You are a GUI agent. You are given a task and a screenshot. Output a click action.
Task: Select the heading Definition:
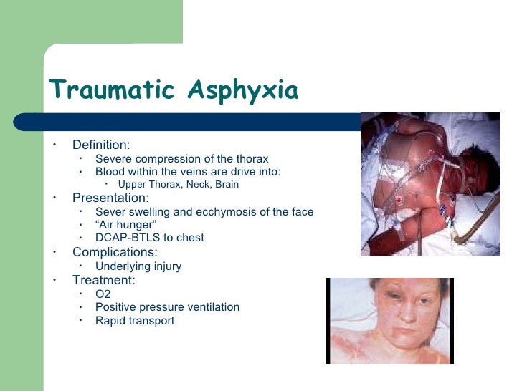click(x=101, y=145)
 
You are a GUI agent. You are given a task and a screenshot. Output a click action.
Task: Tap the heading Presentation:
click(x=110, y=198)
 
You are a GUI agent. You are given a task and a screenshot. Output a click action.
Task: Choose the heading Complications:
click(x=115, y=252)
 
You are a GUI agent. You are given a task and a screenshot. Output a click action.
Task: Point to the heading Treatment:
click(x=103, y=281)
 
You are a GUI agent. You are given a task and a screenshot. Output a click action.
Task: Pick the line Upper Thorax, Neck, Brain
click(x=179, y=184)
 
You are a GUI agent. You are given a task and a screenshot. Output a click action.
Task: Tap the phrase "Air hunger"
click(x=125, y=225)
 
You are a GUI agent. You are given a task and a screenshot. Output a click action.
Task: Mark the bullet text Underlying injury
click(x=138, y=266)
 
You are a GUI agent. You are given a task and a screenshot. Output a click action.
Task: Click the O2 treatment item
click(x=103, y=294)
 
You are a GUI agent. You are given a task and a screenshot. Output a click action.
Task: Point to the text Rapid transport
click(x=135, y=321)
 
